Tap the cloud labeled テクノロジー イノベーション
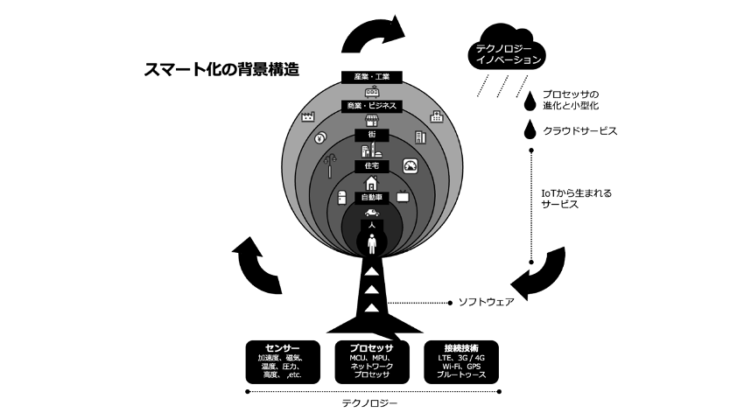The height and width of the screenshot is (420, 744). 509,54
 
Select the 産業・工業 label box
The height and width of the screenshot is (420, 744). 372,77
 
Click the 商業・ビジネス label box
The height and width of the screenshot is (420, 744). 371,106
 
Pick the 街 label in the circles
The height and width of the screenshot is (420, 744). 372,134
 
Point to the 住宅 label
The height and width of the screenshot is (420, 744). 371,165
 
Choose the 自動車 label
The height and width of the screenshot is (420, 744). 372,198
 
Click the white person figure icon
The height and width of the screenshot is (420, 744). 372,244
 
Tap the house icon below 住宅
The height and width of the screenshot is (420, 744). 372,182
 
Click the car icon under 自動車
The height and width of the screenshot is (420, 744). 372,213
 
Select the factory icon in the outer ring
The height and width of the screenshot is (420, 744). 308,116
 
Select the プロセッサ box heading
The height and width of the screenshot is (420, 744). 372,348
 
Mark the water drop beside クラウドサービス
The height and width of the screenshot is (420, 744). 528,130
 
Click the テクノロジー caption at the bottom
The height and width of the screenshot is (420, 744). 371,403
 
